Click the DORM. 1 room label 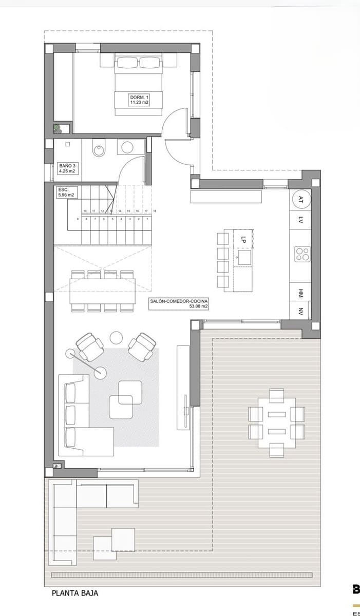tap(139, 100)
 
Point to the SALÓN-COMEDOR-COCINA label tap(179, 303)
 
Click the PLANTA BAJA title tap(75, 593)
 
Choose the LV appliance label tap(301, 221)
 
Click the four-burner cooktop tap(301, 253)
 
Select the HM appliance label tap(301, 293)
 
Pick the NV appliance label tap(301, 311)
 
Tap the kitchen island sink tap(244, 256)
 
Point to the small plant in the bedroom tap(58, 128)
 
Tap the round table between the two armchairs tap(116, 337)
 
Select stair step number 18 tap(155, 211)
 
